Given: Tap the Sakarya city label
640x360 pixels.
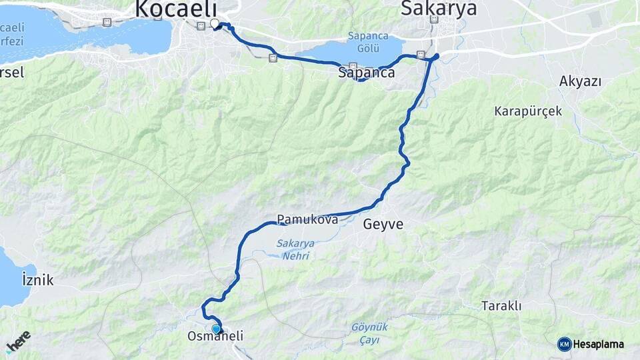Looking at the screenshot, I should pos(439,9).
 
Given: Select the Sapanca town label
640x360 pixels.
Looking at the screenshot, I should pos(366,73).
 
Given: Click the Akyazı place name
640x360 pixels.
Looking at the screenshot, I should pos(580,81).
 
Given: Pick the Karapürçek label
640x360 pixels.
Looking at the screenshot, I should pos(528,111).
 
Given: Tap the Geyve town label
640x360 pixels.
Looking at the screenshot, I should pos(383,225).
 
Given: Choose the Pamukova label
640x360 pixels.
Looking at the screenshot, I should pos(307,219).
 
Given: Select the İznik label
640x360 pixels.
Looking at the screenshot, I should pos(37,279).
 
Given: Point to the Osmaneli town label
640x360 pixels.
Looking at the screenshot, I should pos(215,338).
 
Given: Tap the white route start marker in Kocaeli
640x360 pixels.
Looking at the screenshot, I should pos(215,25).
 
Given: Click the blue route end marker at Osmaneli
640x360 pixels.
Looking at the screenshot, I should pos(216,329).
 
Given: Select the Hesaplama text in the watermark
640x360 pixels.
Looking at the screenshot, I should pos(598,344).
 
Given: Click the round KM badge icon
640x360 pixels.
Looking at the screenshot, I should pos(564,344).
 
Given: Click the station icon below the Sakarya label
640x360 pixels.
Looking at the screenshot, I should pos(434,20).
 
